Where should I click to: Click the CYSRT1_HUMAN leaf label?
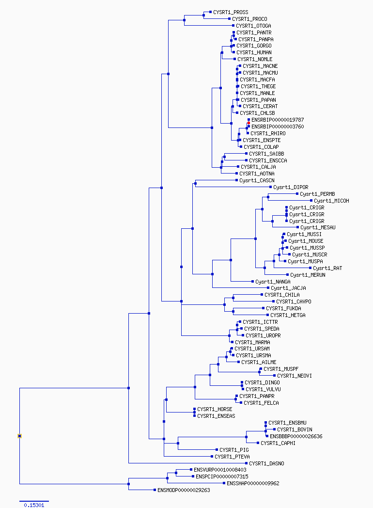[254, 52]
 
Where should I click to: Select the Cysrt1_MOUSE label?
[306, 241]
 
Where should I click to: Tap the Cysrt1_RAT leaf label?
[327, 268]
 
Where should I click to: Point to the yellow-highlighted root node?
[19, 436]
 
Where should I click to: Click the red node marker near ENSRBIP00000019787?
[249, 123]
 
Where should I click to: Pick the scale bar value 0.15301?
[34, 505]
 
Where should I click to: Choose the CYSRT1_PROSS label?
[231, 12]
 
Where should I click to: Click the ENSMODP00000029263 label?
[184, 490]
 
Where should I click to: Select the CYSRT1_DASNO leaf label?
[266, 463]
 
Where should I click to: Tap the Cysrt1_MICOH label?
[331, 201]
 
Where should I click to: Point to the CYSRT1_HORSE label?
[215, 409]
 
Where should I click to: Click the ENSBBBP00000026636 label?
[296, 436]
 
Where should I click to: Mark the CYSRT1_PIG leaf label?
[234, 450]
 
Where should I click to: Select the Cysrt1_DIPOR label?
[291, 187]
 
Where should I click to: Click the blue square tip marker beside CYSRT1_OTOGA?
[233, 26]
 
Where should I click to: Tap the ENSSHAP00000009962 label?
[253, 483]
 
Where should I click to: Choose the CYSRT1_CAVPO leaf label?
[294, 302]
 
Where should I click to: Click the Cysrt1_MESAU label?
[318, 227]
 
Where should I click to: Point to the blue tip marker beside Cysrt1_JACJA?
[268, 288]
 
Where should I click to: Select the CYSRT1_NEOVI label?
[295, 376]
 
